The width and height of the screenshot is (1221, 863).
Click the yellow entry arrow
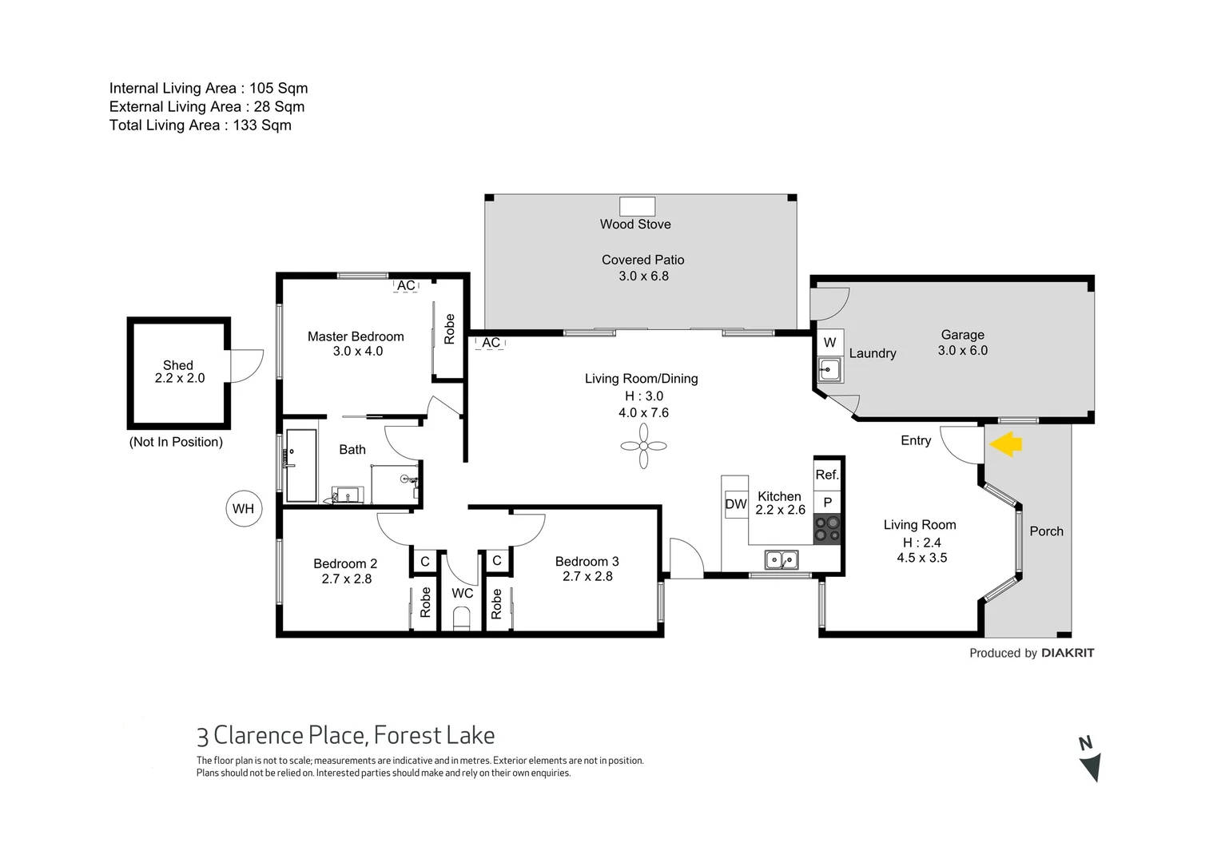pyautogui.click(x=1005, y=443)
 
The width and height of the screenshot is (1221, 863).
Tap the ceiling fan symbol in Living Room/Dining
pyautogui.click(x=643, y=446)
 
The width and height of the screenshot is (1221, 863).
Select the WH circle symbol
pyautogui.click(x=243, y=508)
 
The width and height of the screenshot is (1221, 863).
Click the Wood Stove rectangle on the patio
pyautogui.click(x=637, y=206)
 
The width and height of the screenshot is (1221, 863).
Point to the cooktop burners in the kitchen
pyautogui.click(x=827, y=528)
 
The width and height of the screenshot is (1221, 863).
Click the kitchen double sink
pyautogui.click(x=781, y=559)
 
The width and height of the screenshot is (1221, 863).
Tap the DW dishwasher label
pyautogui.click(x=735, y=504)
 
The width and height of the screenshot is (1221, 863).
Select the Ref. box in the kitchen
pyautogui.click(x=827, y=475)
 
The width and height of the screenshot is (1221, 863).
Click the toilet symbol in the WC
pyautogui.click(x=461, y=618)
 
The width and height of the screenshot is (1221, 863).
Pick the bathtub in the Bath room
pyautogui.click(x=301, y=466)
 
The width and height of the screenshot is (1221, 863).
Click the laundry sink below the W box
pyautogui.click(x=829, y=370)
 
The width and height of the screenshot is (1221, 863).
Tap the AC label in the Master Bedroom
pyautogui.click(x=406, y=285)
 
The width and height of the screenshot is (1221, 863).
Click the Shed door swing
pyautogui.click(x=246, y=366)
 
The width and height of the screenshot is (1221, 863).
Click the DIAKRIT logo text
pyautogui.click(x=1068, y=653)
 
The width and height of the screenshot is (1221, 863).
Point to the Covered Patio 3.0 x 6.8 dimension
pyautogui.click(x=643, y=276)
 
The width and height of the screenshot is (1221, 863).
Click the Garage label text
pyautogui.click(x=962, y=335)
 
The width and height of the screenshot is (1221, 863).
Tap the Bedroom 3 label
pyautogui.click(x=587, y=562)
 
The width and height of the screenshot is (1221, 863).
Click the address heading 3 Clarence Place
pyautogui.click(x=345, y=735)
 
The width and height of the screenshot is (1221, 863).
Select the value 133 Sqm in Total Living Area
pyautogui.click(x=262, y=125)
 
